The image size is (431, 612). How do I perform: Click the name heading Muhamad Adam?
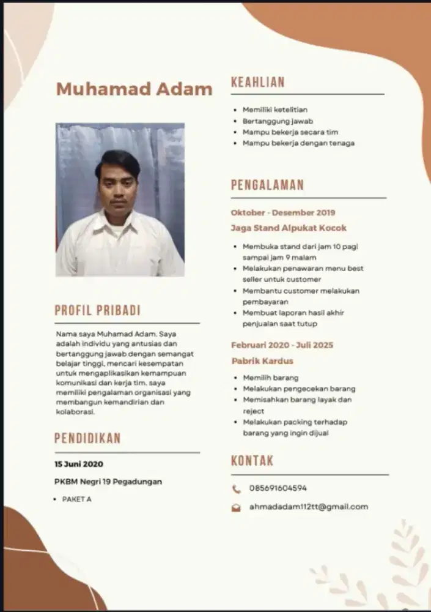[x=134, y=89]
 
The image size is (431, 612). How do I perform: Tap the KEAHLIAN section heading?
[x=257, y=83]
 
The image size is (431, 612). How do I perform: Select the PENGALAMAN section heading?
[x=267, y=185]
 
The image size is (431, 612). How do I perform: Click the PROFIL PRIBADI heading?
[x=97, y=310]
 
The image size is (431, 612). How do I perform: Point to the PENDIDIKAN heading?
[x=87, y=438]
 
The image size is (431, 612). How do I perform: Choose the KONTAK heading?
[x=252, y=461]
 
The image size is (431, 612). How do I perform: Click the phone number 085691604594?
[x=278, y=488]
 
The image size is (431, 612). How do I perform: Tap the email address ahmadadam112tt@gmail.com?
[x=308, y=507]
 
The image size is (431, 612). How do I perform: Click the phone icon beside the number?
[x=236, y=489]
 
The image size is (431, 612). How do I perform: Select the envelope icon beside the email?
[x=236, y=507]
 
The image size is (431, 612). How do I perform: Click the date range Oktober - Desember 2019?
[x=283, y=212]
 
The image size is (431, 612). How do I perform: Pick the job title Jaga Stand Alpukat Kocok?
[x=289, y=228]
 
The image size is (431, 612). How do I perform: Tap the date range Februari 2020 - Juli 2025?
[x=282, y=345]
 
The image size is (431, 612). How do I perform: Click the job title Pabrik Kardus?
[x=262, y=361]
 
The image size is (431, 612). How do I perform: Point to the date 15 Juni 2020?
[x=79, y=464]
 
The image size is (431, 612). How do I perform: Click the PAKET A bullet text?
[x=76, y=499]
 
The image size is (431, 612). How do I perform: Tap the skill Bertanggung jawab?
[x=278, y=121]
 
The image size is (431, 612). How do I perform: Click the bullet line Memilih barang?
[x=270, y=378]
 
